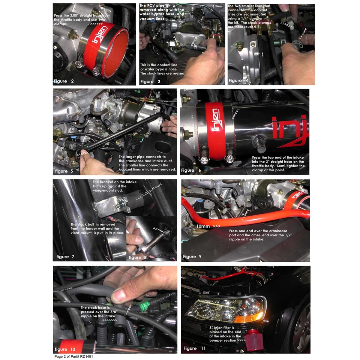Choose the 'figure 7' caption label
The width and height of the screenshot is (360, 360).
pos(65,257)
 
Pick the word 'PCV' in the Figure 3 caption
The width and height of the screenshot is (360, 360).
pos(155,6)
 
